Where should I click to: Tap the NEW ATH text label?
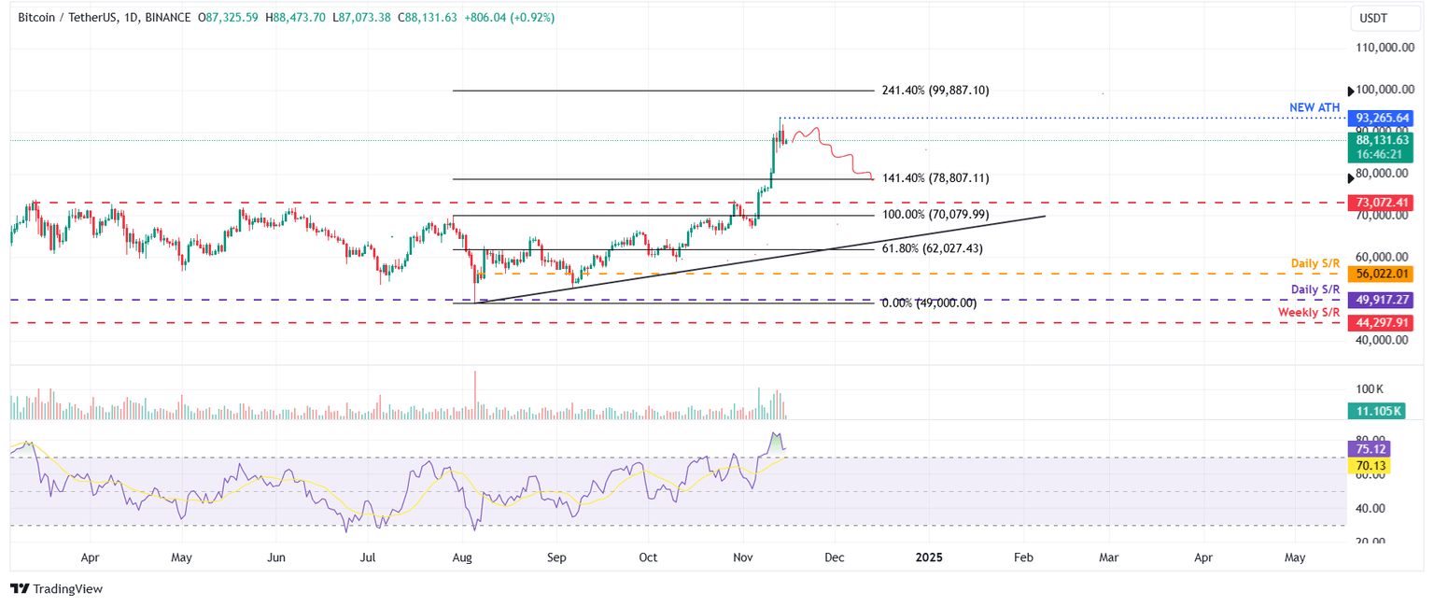pos(1314,108)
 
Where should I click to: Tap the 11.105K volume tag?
pos(1375,411)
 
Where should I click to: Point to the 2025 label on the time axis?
pos(929,557)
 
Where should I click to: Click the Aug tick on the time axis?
pos(462,557)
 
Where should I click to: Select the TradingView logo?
pos(56,588)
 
